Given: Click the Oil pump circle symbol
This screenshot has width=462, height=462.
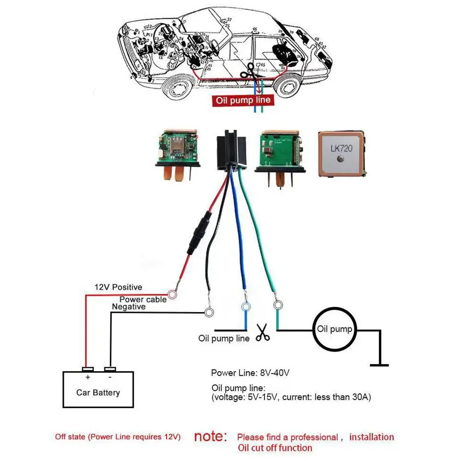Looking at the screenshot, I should [334, 330].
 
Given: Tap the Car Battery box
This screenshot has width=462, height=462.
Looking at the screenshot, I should [98, 390].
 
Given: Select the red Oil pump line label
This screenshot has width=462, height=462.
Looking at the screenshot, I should [242, 100].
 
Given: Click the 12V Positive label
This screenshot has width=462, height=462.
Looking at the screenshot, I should [118, 288].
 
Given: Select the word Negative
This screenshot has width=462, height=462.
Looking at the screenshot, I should [129, 306].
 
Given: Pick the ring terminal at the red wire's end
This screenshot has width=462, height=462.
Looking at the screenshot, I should [174, 294].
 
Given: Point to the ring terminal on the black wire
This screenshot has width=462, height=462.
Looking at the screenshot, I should [210, 313].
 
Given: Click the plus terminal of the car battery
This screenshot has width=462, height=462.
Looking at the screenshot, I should [87, 369].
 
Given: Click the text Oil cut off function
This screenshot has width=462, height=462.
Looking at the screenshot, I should [275, 448].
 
